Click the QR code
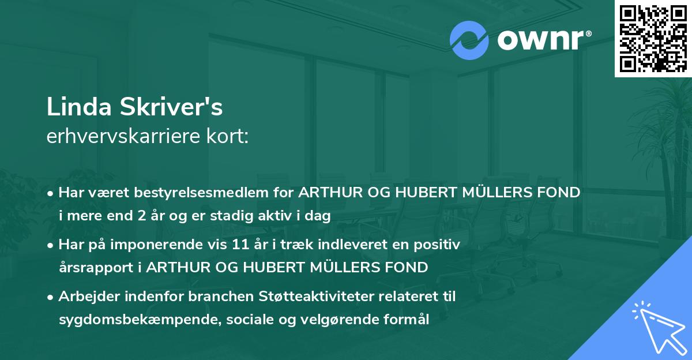653,39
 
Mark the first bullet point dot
52,193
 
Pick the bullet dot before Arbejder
52,297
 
